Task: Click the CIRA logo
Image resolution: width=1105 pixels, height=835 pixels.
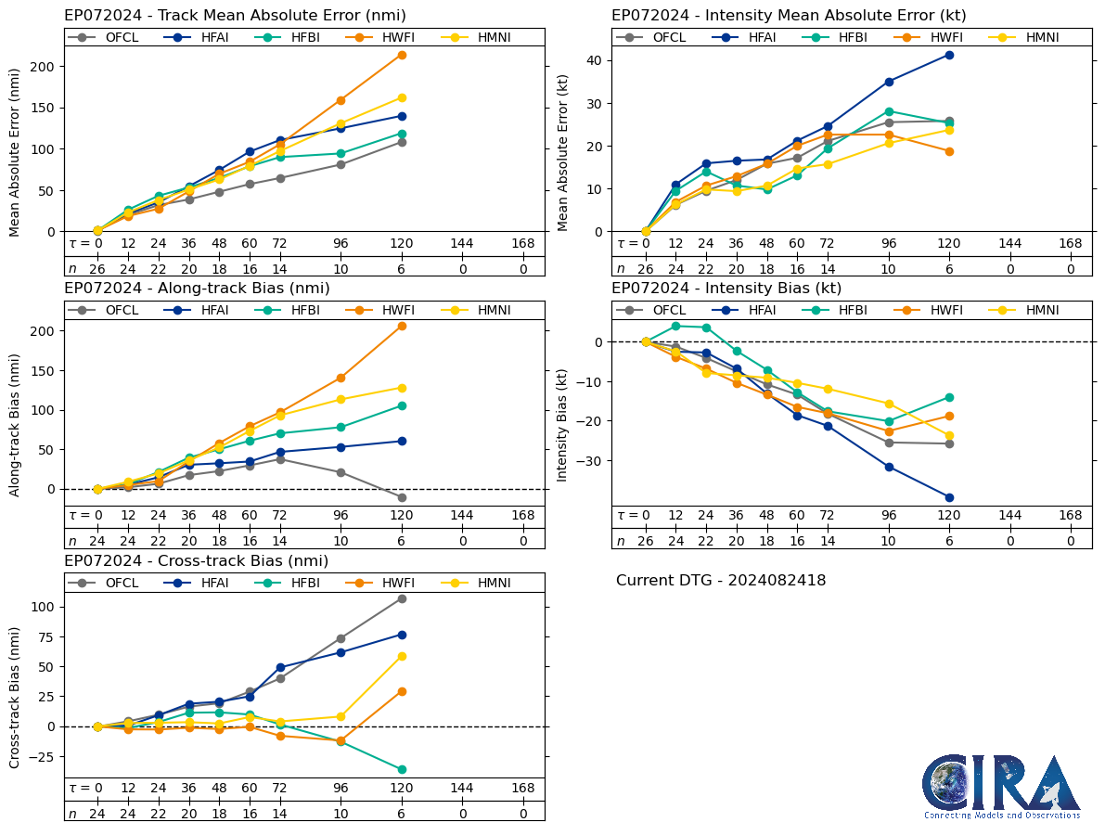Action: [x=1001, y=785]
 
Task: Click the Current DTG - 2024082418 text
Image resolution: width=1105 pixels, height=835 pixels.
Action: [x=720, y=581]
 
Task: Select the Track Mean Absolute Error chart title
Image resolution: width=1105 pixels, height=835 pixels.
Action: [x=235, y=16]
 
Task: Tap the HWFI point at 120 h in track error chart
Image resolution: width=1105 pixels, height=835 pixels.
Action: [x=402, y=55]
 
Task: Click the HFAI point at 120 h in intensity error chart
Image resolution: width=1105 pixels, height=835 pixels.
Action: [x=949, y=55]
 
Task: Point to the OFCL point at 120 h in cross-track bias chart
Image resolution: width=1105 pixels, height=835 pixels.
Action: [x=402, y=598]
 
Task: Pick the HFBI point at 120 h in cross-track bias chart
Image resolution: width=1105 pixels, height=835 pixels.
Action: [x=402, y=769]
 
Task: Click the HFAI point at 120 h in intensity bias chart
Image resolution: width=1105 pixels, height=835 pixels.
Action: [x=949, y=497]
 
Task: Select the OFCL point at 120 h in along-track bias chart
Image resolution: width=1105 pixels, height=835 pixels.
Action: [x=402, y=497]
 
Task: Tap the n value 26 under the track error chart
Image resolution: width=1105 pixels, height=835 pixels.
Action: [x=97, y=269]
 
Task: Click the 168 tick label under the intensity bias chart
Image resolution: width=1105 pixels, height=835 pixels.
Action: [x=1071, y=516]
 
